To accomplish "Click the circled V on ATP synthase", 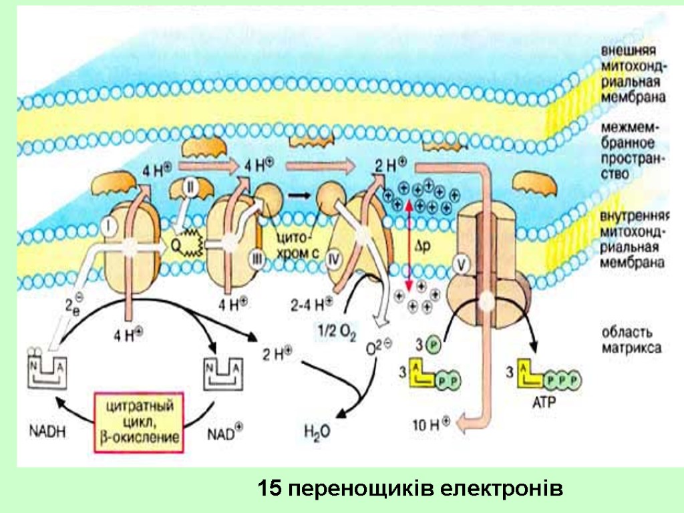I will (x=461, y=265).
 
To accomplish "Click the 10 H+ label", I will (x=432, y=423).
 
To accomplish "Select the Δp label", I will (x=423, y=245).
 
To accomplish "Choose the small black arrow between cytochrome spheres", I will (x=301, y=195).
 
